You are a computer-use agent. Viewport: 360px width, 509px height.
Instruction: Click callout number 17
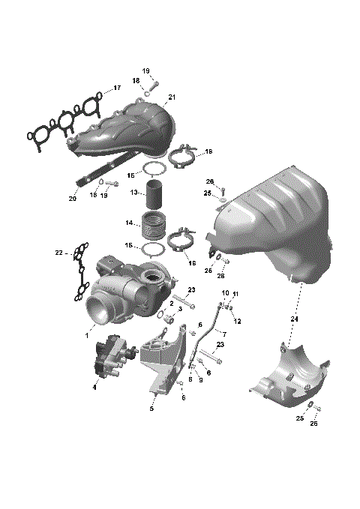pos(117,88)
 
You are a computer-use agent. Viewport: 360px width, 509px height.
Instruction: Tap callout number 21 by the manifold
pos(172,98)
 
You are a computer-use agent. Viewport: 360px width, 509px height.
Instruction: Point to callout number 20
pos(73,199)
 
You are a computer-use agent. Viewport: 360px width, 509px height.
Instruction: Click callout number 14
pos(129,223)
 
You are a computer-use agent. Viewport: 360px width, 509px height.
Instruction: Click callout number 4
pos(94,387)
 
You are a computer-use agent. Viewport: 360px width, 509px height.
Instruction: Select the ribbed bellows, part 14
pos(154,225)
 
